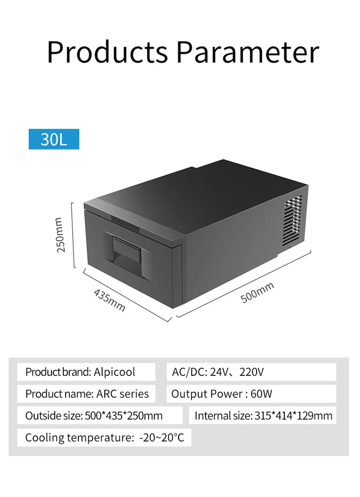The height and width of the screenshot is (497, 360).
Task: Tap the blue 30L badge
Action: (54, 139)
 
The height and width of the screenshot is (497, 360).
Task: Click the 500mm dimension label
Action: (257, 292)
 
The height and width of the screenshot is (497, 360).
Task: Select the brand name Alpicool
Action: (114, 372)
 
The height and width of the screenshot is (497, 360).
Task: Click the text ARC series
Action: (122, 394)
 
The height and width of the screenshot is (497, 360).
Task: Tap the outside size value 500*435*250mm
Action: (124, 416)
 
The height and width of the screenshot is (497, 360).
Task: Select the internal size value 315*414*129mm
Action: (294, 416)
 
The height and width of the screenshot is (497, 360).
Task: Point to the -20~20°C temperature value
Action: (162, 437)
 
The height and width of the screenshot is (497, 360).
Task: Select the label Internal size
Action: (223, 416)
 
